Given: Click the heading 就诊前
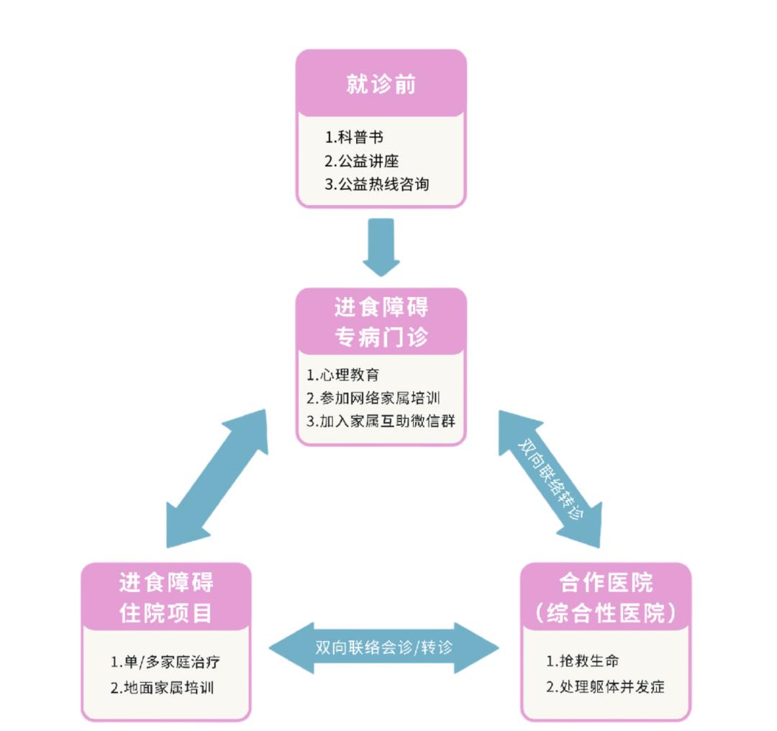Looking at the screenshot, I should click(x=381, y=85).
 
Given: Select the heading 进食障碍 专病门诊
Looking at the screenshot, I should click(x=381, y=322).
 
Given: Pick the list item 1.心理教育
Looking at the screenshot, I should click(x=342, y=375).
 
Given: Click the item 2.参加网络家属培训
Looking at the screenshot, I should click(x=373, y=398).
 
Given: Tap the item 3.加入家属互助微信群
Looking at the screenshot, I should click(x=381, y=421).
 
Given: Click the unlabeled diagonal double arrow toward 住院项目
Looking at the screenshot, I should click(x=217, y=479).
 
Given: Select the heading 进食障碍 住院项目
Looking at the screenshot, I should click(x=166, y=597).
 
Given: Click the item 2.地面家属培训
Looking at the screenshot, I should click(x=162, y=687).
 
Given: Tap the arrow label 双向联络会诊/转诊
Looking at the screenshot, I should click(x=384, y=647).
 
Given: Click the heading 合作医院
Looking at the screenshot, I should click(x=606, y=582).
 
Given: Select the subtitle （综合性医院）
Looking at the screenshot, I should click(x=606, y=613).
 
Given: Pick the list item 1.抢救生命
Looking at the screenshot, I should click(x=582, y=661).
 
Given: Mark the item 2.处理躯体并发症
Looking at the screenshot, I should click(x=605, y=686).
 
